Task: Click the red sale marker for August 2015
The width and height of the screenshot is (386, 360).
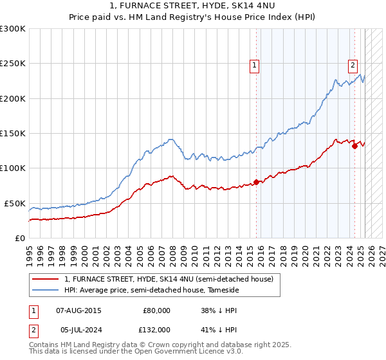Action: tap(256, 182)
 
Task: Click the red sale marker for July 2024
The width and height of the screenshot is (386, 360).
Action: tap(354, 146)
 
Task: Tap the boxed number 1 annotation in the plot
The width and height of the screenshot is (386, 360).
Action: tap(255, 64)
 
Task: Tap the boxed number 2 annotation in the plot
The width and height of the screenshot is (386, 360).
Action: tap(353, 64)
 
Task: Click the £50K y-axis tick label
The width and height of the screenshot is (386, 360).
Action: tap(15, 203)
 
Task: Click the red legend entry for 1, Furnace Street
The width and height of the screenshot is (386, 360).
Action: tap(169, 279)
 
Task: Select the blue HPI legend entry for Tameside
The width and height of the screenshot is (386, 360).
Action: tap(151, 291)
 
